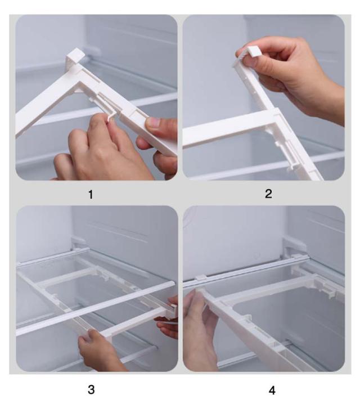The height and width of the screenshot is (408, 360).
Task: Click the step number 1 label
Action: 91,194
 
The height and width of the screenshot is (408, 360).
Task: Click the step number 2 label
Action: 268,194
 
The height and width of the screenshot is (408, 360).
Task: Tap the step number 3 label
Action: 91,389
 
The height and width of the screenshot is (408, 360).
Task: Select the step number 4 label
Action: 272,391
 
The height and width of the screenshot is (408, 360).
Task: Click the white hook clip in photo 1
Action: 76,57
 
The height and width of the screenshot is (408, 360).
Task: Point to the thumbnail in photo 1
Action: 154,122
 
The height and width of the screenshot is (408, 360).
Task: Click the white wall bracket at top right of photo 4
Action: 294,245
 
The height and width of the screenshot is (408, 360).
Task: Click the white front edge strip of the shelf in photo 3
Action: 95,308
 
